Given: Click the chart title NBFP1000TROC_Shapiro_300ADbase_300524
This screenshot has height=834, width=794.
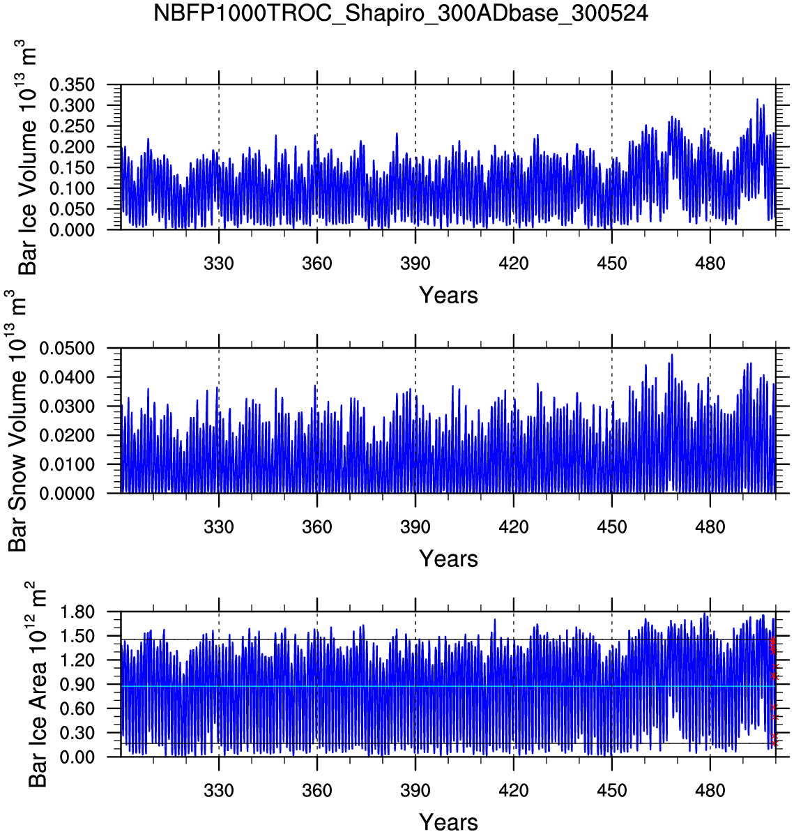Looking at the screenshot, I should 401,13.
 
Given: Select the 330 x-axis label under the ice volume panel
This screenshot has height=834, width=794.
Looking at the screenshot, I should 219,264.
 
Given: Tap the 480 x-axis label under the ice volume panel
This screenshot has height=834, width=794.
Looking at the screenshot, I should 710,264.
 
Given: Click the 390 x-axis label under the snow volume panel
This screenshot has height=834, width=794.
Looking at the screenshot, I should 415,527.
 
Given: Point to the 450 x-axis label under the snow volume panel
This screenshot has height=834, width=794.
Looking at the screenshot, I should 611,527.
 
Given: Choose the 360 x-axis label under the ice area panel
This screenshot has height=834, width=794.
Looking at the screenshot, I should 317,791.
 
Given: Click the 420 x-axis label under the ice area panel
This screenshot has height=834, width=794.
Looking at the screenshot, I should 514,791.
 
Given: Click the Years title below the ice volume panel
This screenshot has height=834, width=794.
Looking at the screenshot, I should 448,296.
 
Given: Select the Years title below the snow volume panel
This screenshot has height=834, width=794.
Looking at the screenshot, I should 448,559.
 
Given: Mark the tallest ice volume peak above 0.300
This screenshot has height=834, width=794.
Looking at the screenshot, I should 757,100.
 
